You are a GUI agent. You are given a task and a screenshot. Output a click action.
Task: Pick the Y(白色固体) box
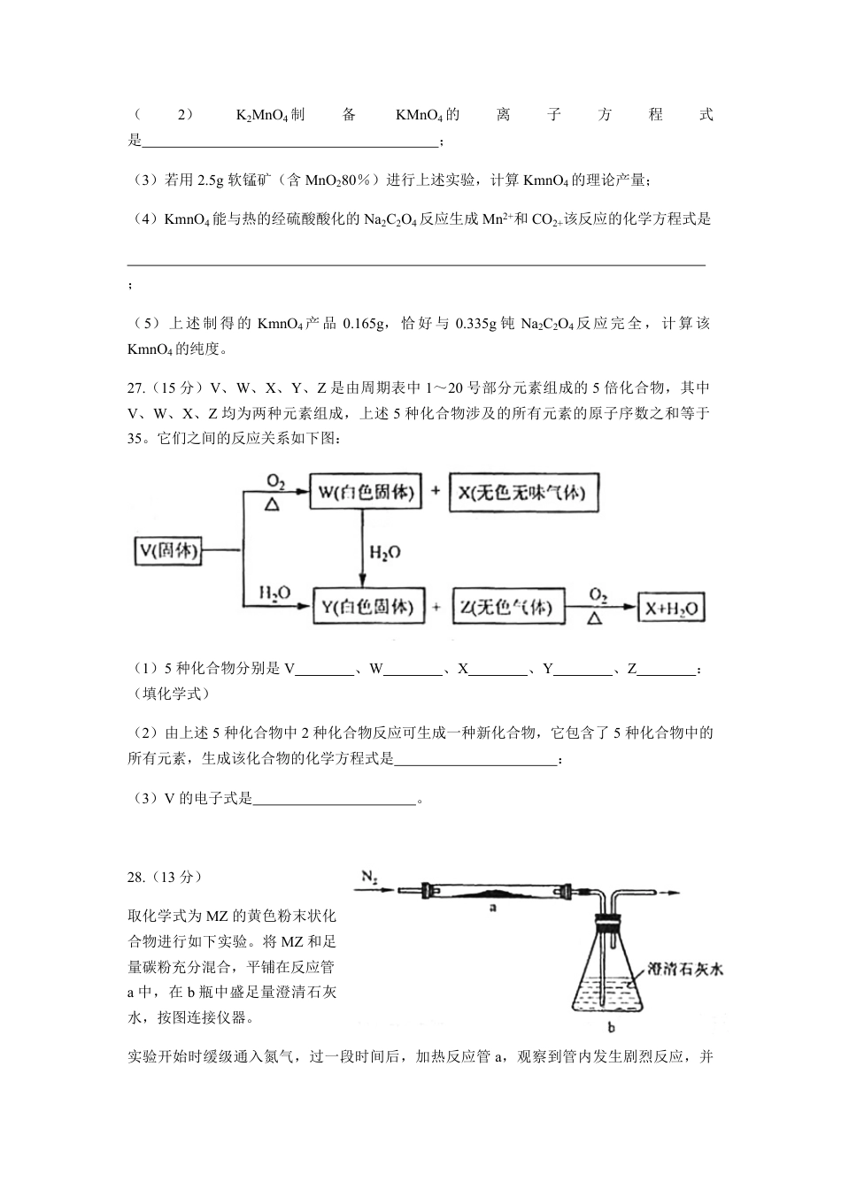[366, 607]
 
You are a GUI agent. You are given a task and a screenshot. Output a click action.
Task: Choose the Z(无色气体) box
[506, 607]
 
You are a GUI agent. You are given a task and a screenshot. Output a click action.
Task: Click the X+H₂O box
[672, 608]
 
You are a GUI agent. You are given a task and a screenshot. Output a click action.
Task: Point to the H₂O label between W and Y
[385, 552]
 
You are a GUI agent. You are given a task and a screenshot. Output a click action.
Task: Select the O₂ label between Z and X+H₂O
[599, 595]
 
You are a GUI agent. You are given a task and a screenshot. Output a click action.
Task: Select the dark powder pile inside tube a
[485, 892]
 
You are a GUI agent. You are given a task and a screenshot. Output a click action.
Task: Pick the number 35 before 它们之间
[135, 437]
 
